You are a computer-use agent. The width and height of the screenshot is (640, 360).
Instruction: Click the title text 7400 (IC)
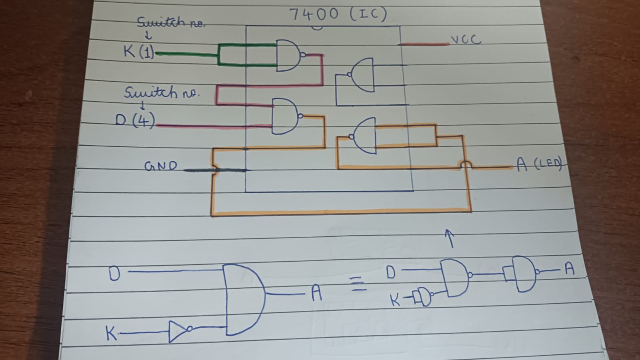[x=338, y=14]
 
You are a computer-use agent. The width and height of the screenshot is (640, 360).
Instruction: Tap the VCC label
[x=466, y=40]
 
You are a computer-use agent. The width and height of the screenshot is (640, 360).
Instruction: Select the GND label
[x=160, y=166]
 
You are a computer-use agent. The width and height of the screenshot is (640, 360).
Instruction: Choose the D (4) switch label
[x=135, y=120]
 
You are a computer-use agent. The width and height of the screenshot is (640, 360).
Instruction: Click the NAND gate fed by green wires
[x=289, y=56]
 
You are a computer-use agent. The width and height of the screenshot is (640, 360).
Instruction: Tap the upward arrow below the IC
[x=450, y=238]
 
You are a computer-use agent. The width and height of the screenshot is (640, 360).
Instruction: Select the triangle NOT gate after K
[x=178, y=331]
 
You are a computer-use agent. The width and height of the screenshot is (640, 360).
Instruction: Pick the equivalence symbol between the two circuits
[x=358, y=284]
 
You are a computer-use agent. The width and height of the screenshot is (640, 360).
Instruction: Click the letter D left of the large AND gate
[x=114, y=274]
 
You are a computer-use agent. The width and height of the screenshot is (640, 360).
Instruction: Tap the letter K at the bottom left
[x=112, y=333]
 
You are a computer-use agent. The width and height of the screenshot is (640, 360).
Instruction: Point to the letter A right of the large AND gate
[x=316, y=294]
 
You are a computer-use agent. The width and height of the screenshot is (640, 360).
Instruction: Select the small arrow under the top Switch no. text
[x=148, y=36]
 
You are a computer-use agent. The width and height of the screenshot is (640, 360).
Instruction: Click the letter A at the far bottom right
[x=570, y=269]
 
